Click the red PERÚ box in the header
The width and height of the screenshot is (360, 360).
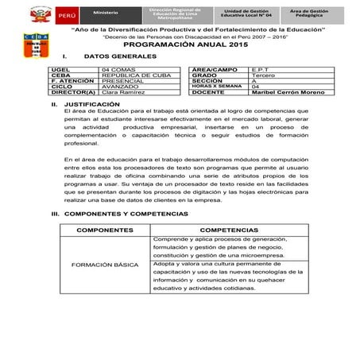pyautogui.click(x=66, y=15)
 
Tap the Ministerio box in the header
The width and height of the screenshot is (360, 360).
pyautogui.click(x=104, y=15)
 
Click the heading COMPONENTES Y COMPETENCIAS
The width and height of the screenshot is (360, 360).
pyautogui.click(x=125, y=215)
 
